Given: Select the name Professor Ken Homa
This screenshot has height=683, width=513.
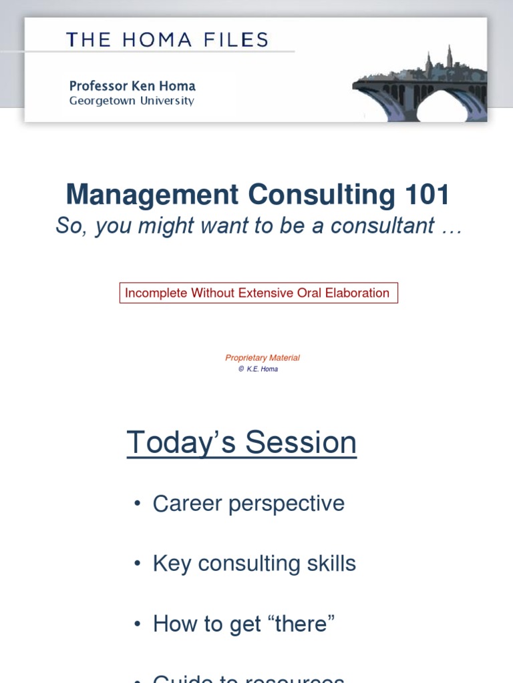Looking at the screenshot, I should click(132, 86).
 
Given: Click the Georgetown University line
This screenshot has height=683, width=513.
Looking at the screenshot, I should click(132, 101).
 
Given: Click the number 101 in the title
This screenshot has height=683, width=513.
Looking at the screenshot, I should click(427, 195).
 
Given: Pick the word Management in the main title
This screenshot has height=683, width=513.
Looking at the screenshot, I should click(152, 195).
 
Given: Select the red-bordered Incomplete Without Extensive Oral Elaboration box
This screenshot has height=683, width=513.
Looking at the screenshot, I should click(259, 293).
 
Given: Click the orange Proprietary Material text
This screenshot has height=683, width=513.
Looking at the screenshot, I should click(263, 358).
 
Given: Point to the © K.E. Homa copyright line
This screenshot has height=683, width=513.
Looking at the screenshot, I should click(258, 369).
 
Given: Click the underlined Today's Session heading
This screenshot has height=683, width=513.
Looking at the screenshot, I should click(242, 443).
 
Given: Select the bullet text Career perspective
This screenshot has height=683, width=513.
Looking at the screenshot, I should click(248, 503).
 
